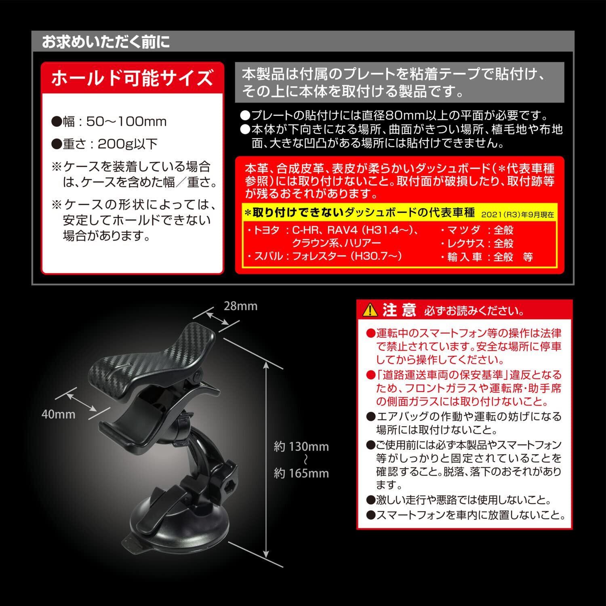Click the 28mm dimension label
coord(240,306)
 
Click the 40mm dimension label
coord(58,414)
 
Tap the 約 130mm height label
coord(301,447)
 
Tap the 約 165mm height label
coord(301,473)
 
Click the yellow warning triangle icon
coord(370,310)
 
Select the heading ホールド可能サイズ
coord(132,78)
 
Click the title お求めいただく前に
coord(106,42)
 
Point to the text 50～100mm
coord(126,122)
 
